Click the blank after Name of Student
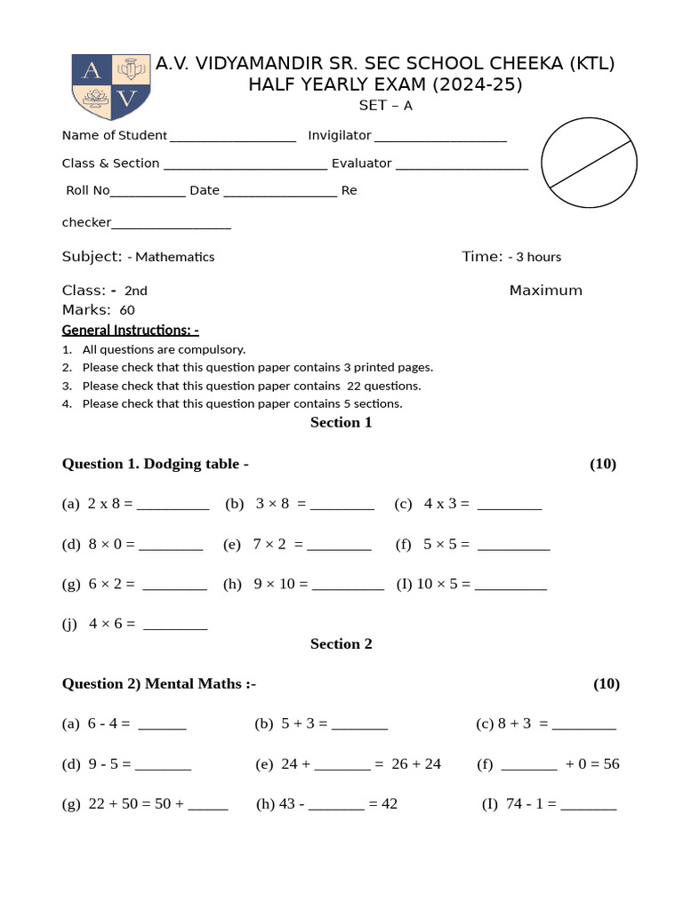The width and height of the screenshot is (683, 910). pos(232,137)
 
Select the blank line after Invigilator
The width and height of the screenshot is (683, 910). pos(440,137)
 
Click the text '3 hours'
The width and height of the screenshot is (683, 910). pos(538,257)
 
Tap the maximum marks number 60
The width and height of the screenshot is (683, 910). pos(127,310)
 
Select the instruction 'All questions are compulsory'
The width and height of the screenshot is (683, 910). pos(164,349)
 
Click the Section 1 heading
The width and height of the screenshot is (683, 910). pos(341,422)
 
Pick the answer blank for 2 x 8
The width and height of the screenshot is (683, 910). pos(173,505)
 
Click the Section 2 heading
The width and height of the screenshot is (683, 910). pos(341,643)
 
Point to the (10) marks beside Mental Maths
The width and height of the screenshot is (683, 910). pos(606,683)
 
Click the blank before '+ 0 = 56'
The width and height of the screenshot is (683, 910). pos(529,764)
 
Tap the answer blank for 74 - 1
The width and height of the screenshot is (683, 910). pos(588,805)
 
